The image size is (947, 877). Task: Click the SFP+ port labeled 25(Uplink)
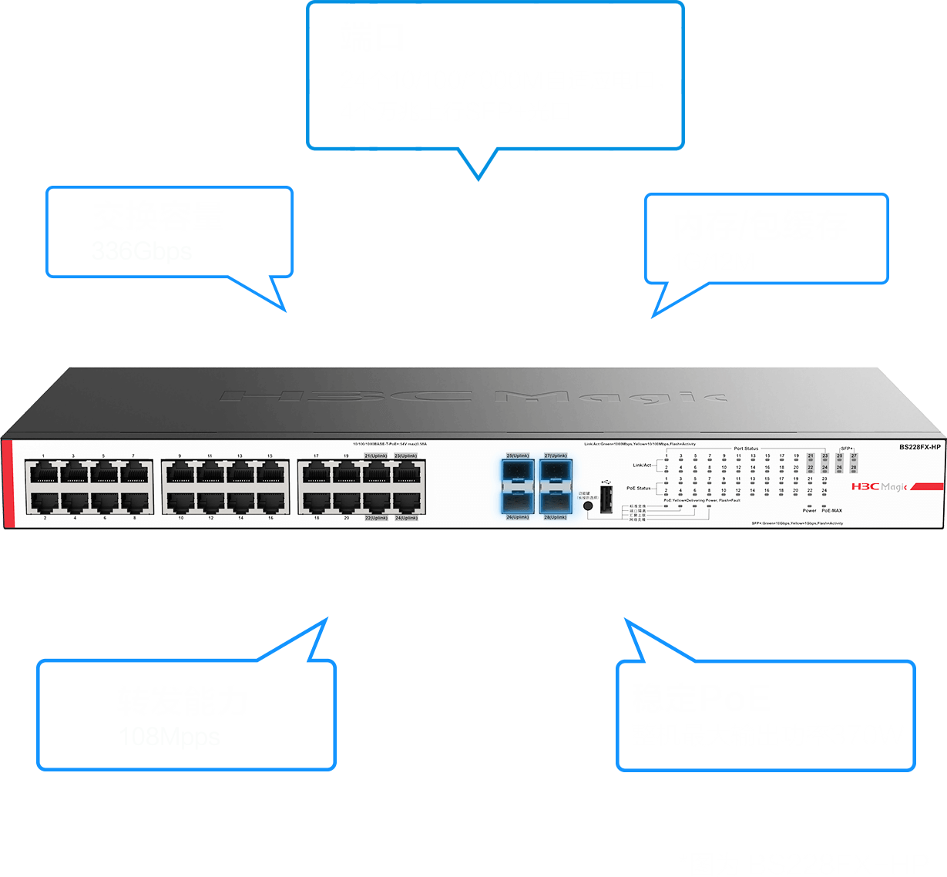pyautogui.click(x=516, y=472)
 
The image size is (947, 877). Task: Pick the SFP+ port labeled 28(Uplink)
pyautogui.click(x=555, y=502)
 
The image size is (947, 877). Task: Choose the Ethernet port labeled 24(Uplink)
pyautogui.click(x=406, y=502)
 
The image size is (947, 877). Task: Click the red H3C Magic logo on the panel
pyautogui.click(x=880, y=487)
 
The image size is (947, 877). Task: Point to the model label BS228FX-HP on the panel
pyautogui.click(x=920, y=447)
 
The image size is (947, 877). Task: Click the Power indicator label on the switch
pyautogui.click(x=809, y=510)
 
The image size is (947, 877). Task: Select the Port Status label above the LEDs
pyautogui.click(x=745, y=449)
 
